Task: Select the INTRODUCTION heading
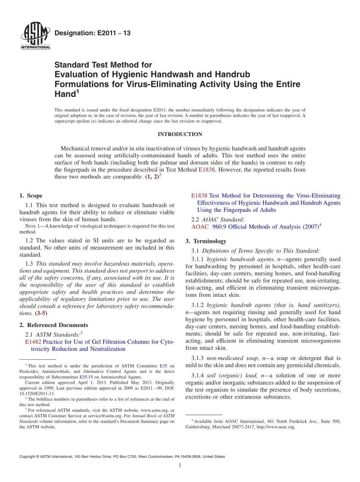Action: click(180, 134)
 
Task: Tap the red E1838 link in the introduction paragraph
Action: click(207, 170)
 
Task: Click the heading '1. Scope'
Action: click(31, 196)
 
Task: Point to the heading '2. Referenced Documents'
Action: click(54, 325)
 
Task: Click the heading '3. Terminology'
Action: click(206, 241)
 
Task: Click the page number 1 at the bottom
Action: click(180, 465)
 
